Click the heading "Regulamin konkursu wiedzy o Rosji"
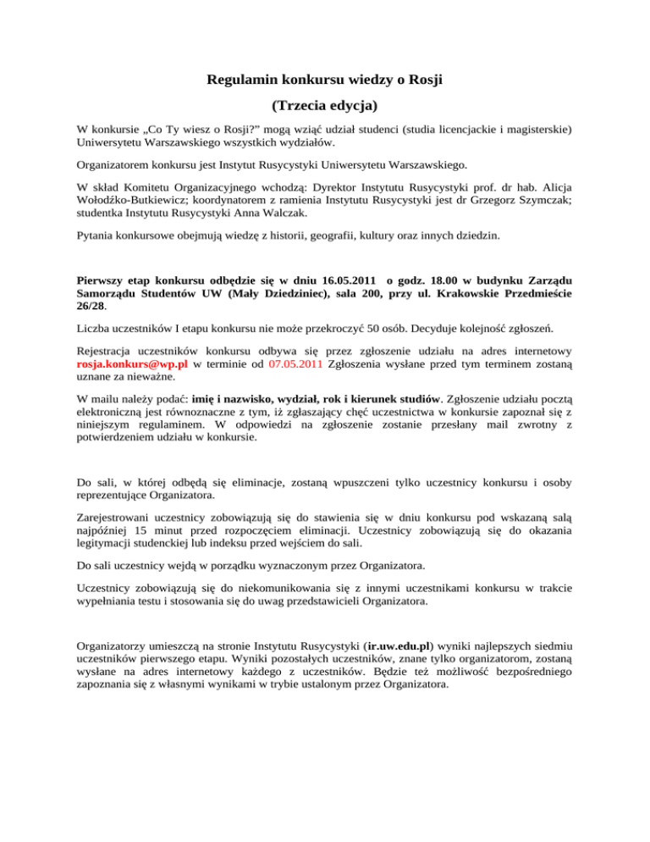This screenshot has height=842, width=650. click(x=325, y=80)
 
